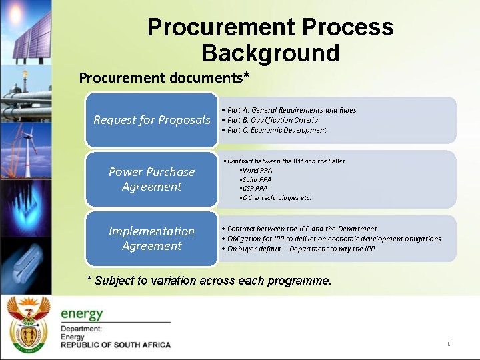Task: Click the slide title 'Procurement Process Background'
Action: click(x=270, y=39)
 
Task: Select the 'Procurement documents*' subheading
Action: click(x=164, y=77)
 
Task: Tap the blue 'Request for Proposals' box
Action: click(x=151, y=120)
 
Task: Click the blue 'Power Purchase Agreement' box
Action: click(x=151, y=179)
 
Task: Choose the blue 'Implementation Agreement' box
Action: click(x=151, y=238)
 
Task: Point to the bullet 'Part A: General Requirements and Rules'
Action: click(x=291, y=110)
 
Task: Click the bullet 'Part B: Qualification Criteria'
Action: click(x=272, y=120)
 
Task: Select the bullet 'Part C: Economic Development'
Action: click(x=277, y=130)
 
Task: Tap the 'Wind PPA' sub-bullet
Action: click(x=256, y=170)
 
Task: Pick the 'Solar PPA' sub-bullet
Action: click(x=257, y=179)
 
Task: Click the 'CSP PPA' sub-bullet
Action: click(x=255, y=189)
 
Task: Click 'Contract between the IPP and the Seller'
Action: click(x=285, y=161)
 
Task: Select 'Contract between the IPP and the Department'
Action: click(x=301, y=229)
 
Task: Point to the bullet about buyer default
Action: click(x=301, y=249)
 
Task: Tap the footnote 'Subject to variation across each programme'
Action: click(x=209, y=281)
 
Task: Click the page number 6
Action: click(x=449, y=343)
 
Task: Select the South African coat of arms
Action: click(x=27, y=323)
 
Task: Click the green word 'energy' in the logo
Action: click(x=82, y=314)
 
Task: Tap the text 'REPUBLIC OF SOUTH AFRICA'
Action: click(x=115, y=345)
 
